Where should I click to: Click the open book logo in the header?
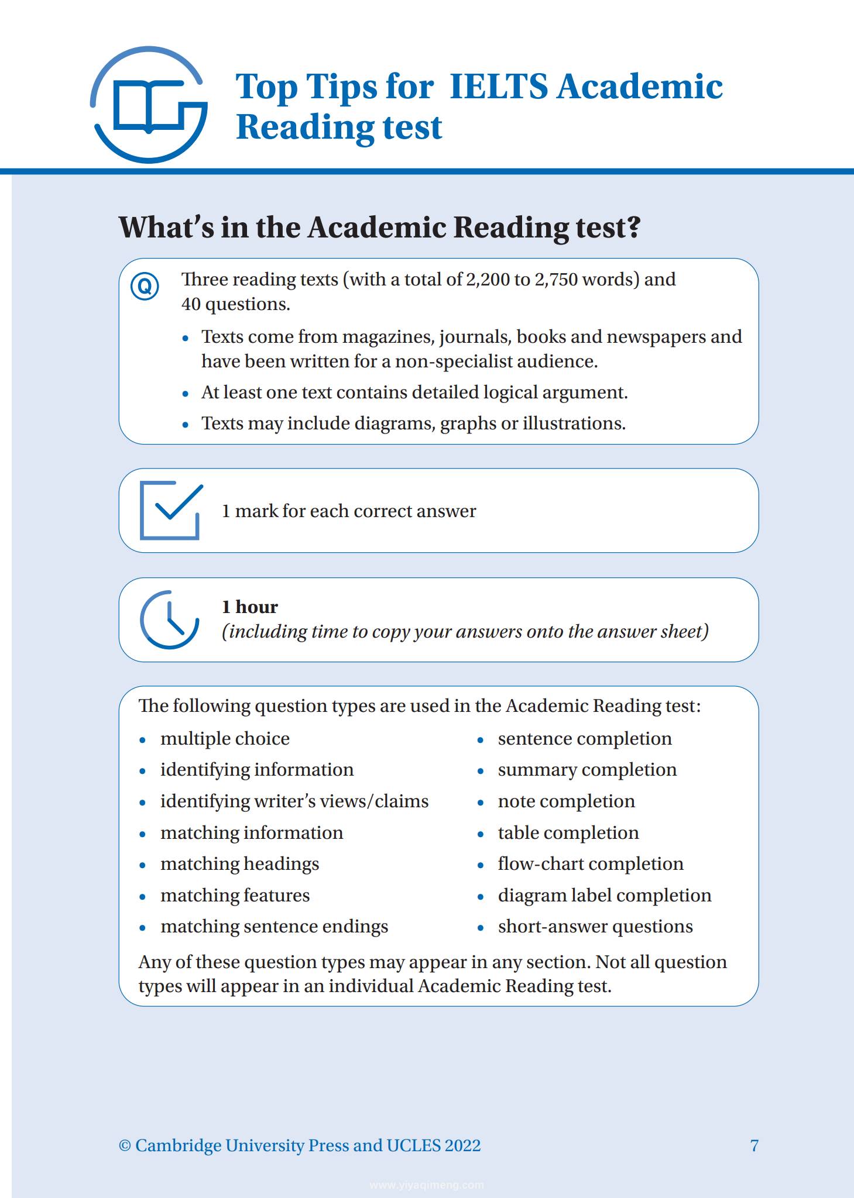pos(149,105)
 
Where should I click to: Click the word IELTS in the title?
pos(498,87)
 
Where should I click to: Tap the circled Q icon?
pos(145,287)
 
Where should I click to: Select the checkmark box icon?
pos(170,510)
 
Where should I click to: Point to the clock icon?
pos(169,619)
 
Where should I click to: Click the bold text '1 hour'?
pos(249,607)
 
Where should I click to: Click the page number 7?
pos(754,1145)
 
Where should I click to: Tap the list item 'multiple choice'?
pos(225,739)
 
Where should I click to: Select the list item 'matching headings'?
pos(239,864)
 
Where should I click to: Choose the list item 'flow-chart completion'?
pos(590,864)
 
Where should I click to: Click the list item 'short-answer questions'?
pos(595,927)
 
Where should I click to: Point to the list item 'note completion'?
pos(566,801)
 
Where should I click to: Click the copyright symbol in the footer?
pos(125,1146)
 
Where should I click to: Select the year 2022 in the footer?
pos(462,1145)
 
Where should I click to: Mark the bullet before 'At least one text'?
pos(186,394)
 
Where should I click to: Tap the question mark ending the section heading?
pos(633,227)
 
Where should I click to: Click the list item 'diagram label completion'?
pos(604,896)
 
